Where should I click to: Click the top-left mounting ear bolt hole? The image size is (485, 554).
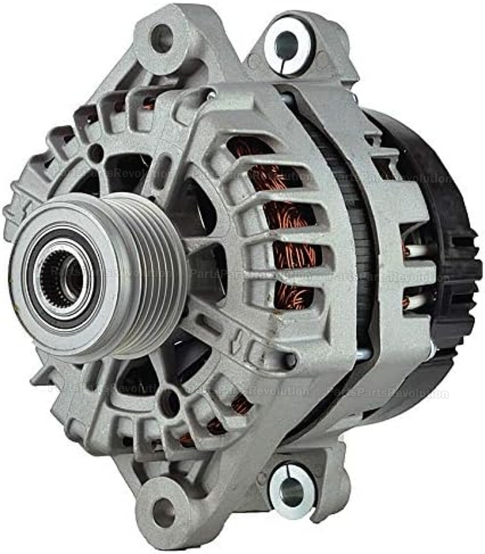pos(163,39)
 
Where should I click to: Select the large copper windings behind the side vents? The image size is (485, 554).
pos(289,225)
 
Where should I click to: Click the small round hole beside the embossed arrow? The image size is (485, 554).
pos(289,361)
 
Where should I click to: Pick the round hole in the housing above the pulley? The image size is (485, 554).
pos(96,153)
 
